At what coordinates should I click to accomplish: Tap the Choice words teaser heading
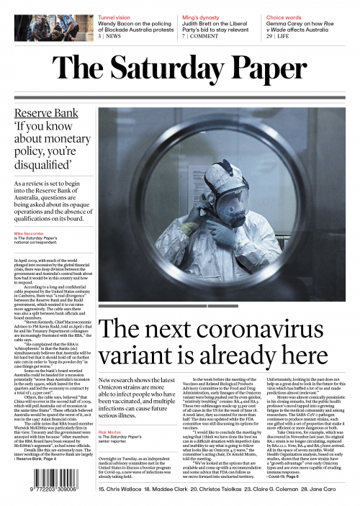[x=286, y=15]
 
